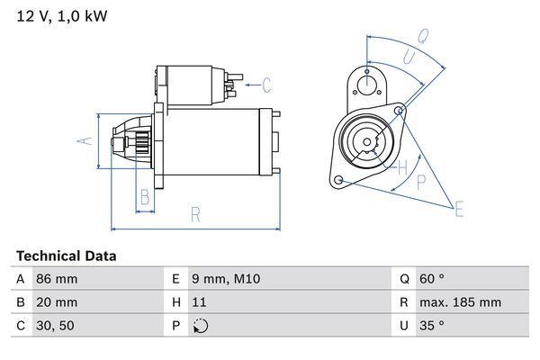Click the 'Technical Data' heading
66,256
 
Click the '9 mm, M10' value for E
227,280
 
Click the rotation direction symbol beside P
201,327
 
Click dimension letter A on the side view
82,141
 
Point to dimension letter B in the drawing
144,197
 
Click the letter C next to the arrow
265,86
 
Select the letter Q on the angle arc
423,37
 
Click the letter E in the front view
459,210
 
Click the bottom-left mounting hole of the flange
338,181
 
